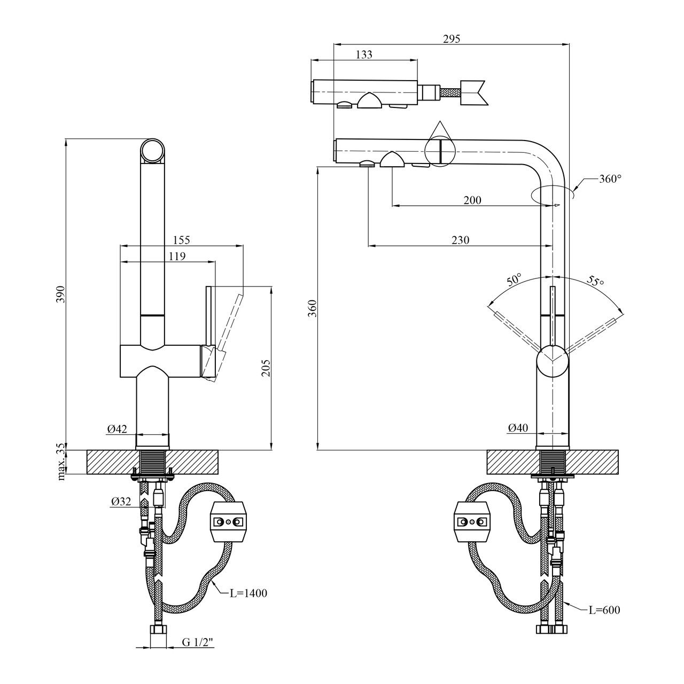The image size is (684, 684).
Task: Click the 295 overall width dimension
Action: [452, 38]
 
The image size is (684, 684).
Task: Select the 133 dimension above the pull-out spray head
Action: [363, 54]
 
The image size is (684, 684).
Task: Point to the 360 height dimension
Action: [313, 309]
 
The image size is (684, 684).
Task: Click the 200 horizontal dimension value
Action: [472, 200]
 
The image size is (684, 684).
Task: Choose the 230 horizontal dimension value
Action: [460, 240]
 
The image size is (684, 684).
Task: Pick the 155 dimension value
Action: [181, 240]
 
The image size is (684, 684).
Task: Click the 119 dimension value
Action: [176, 256]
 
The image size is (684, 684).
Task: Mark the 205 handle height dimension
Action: [267, 368]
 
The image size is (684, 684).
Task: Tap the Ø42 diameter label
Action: [117, 429]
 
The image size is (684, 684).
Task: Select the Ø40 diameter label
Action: [518, 428]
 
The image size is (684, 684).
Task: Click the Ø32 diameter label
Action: [121, 501]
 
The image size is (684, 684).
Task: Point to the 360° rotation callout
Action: [610, 179]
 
